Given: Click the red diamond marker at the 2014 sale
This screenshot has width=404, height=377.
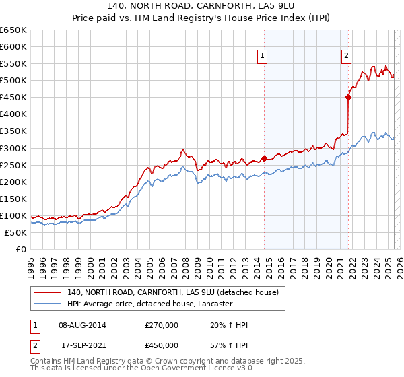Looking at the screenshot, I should pos(264,158).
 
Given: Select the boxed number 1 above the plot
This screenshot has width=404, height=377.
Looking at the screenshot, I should pos(261,57).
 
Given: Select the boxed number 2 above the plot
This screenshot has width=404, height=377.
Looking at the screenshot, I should pos(346,57).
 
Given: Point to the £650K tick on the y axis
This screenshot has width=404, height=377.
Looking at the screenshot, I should pos(13,30).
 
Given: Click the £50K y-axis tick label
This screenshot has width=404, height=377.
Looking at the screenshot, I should pos(16,232).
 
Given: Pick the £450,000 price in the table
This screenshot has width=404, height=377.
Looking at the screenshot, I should pos(162,345).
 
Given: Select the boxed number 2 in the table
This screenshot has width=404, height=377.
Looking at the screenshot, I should pos(35,345).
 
